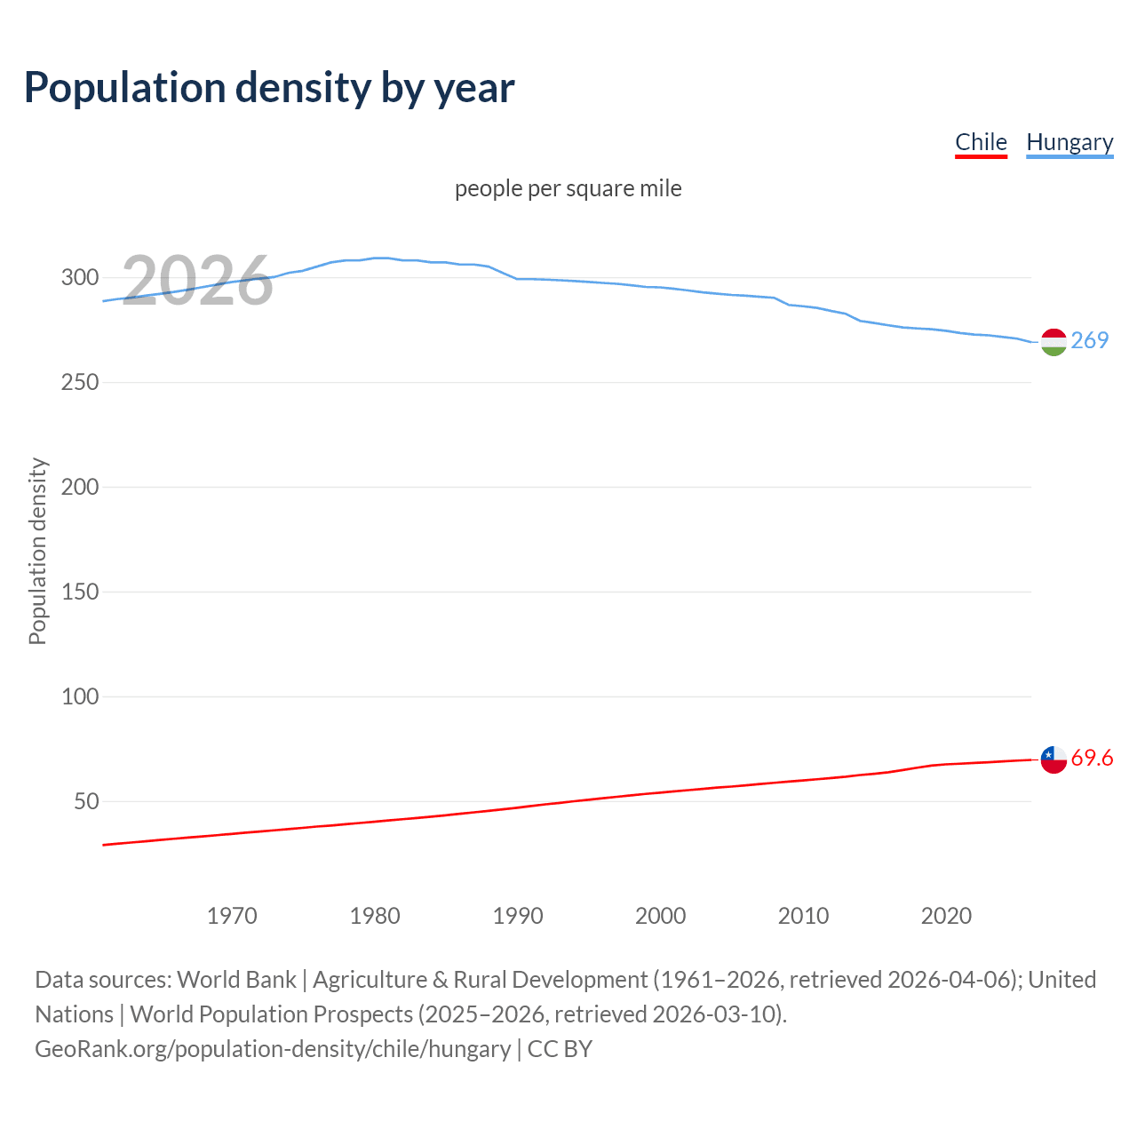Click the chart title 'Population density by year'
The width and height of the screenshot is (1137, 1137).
[x=269, y=87]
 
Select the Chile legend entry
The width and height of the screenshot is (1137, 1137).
[x=981, y=142]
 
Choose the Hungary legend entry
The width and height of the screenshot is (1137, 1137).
[x=1069, y=142]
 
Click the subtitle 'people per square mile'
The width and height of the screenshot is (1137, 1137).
[x=568, y=188]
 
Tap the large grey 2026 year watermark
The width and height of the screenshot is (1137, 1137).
[x=197, y=281]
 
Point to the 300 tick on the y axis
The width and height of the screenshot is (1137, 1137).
[x=80, y=277]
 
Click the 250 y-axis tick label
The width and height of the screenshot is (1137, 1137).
[x=80, y=382]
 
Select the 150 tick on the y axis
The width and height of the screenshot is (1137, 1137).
[x=80, y=592]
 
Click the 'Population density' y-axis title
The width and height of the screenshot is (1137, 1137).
[x=37, y=551]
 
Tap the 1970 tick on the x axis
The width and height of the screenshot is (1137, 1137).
[x=232, y=916]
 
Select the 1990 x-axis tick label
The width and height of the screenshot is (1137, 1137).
[x=518, y=916]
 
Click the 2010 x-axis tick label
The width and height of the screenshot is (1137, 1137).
[x=803, y=916]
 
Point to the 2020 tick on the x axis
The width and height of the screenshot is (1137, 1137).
[x=946, y=916]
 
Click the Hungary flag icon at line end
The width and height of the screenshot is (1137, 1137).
[x=1054, y=342]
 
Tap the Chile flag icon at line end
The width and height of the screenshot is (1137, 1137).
[x=1054, y=759]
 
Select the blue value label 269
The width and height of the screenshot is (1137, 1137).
[x=1090, y=340]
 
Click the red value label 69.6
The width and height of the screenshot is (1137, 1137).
[x=1092, y=758]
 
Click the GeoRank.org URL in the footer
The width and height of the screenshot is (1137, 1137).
[x=273, y=1049]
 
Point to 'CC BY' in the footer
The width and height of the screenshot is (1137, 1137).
[x=560, y=1049]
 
